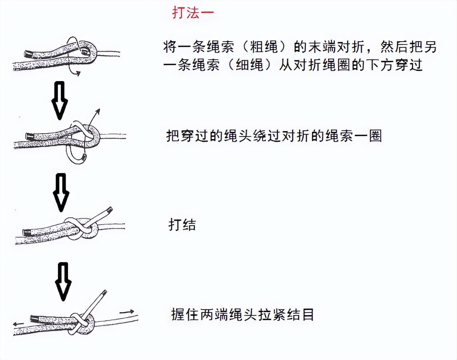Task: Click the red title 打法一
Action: (193, 13)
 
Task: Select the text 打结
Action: (182, 225)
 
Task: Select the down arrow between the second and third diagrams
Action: (61, 192)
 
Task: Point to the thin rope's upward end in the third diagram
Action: (109, 210)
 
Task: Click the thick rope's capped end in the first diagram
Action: (28, 54)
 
